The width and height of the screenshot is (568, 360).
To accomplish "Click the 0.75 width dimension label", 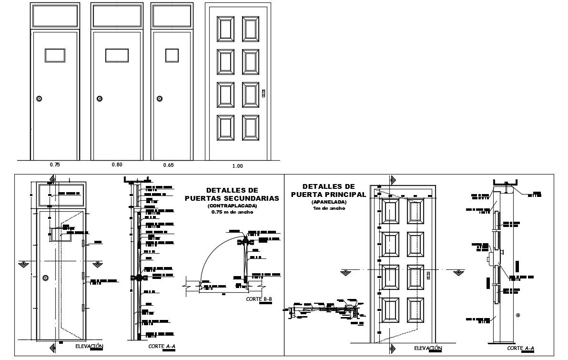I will click(55, 165).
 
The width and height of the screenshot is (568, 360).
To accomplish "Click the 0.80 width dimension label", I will click(117, 165).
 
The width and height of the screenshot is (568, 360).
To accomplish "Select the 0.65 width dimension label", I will click(168, 165).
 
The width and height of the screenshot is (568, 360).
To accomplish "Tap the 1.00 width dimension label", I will click(237, 166).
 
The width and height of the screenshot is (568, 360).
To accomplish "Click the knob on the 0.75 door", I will click(40, 99).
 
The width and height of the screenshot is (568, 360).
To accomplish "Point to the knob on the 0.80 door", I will click(100, 99).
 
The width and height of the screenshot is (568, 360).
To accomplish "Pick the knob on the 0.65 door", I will click(159, 99).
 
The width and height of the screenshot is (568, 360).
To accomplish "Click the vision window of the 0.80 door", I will click(117, 55).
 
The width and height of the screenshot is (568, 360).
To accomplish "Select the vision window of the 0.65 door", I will click(172, 55).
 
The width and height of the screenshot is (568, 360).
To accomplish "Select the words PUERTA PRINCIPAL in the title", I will click(328, 194).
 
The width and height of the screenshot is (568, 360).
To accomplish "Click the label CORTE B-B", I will click(259, 299).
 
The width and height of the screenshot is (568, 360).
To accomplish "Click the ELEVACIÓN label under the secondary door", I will click(89, 346).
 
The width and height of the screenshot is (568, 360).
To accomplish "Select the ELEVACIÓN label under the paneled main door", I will click(428, 348).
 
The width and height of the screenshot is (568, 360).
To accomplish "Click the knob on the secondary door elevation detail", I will click(45, 278).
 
